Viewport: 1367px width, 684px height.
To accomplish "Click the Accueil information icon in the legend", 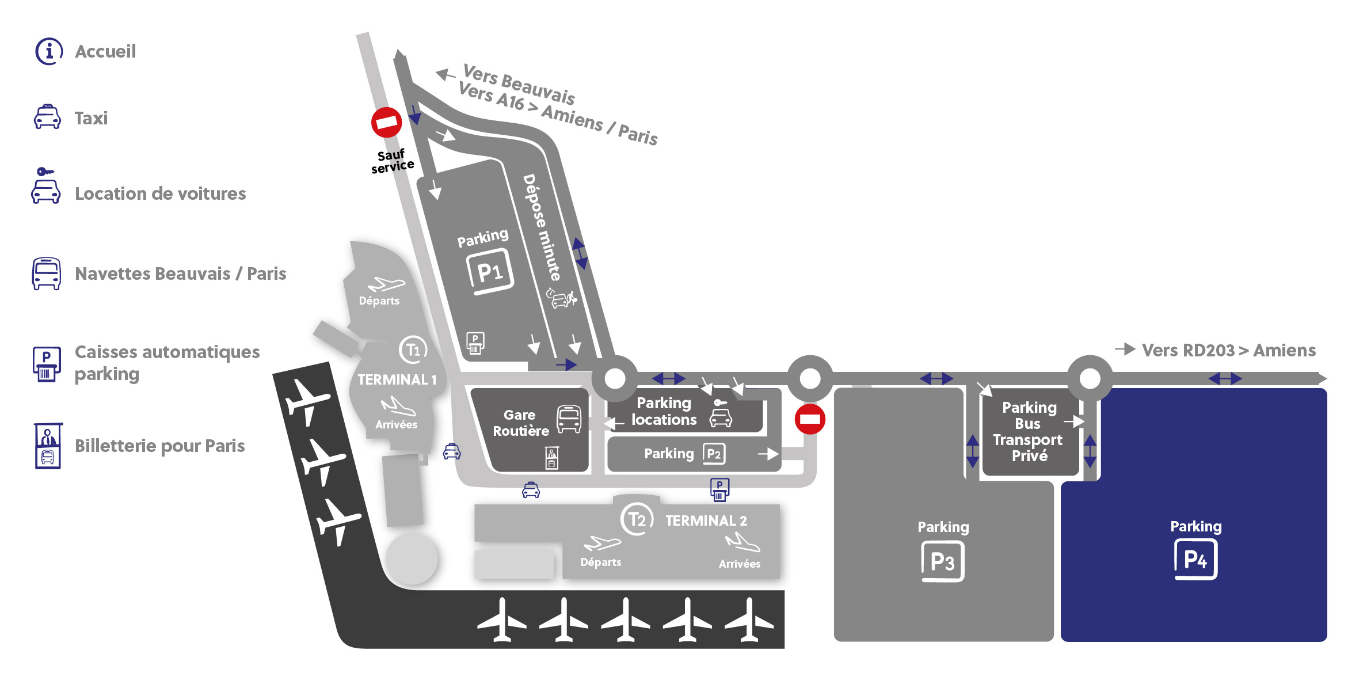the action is click(49, 52).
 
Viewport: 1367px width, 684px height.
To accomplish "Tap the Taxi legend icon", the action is click(47, 117).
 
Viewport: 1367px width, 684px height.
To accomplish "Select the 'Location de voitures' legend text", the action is click(161, 193).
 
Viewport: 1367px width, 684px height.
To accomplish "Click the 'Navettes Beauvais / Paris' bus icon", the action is click(47, 273).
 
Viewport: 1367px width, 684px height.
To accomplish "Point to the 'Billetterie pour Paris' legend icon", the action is click(48, 446).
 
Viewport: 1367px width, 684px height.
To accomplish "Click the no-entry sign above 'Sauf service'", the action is click(387, 122).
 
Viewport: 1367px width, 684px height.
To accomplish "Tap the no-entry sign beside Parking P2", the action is click(810, 419).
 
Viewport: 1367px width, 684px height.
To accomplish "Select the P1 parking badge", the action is click(489, 271).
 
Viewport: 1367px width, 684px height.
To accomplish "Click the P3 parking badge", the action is click(943, 561).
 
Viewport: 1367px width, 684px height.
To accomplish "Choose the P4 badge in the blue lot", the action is click(1195, 559).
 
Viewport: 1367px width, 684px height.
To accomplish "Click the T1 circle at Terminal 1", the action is click(413, 349).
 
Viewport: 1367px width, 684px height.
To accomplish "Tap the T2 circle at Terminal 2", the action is click(637, 519).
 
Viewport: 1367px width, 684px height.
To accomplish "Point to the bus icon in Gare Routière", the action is click(569, 419).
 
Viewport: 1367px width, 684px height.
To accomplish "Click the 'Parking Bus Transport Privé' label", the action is click(1029, 432).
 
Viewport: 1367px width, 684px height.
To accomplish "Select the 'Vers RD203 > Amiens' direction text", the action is click(1229, 351).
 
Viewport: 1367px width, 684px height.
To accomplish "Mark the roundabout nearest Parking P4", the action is click(1090, 378).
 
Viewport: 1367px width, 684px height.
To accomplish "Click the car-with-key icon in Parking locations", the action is click(721, 413).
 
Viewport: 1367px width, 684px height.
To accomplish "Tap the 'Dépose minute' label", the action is click(542, 227).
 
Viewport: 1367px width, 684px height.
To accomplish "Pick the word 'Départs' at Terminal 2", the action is click(601, 563).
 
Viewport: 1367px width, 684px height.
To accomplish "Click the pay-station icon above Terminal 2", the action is click(719, 490).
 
